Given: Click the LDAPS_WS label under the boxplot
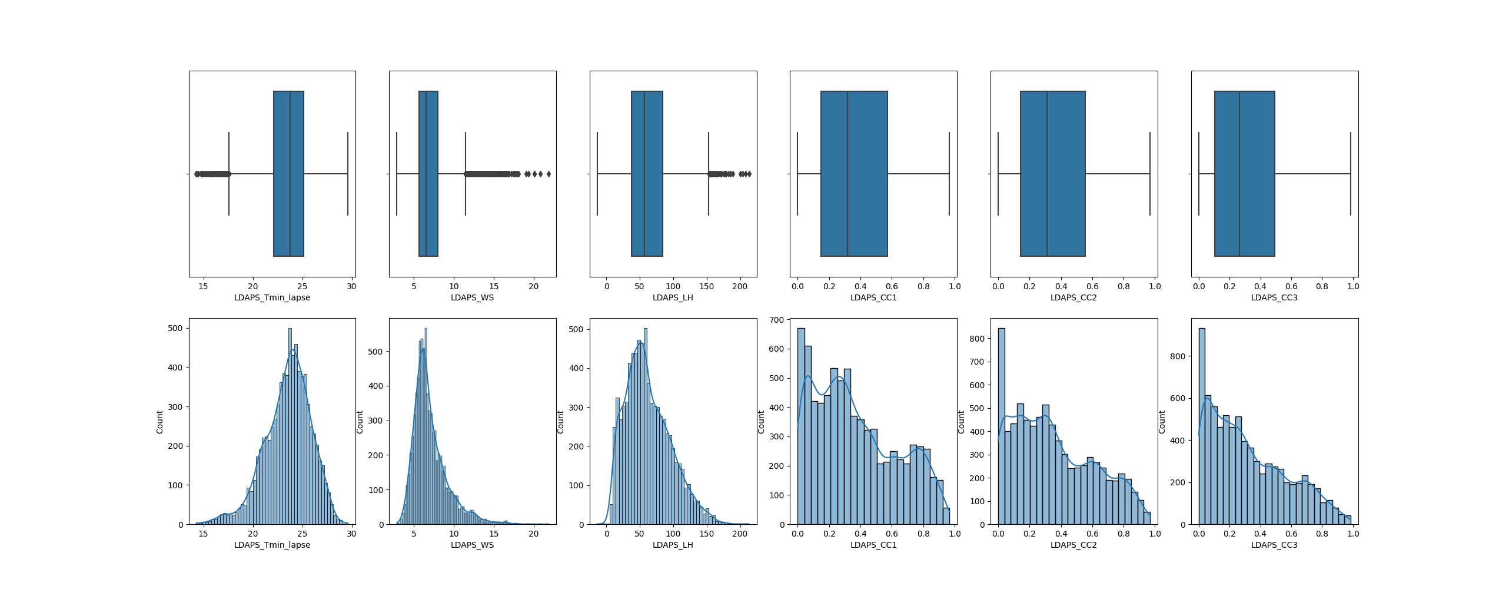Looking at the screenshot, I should click(472, 297).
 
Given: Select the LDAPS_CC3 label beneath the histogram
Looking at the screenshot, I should click(1274, 545).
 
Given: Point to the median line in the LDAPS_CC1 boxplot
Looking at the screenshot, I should click(847, 174).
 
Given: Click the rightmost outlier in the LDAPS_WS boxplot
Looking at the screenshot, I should click(549, 174).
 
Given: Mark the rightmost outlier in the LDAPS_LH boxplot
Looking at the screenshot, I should click(749, 174).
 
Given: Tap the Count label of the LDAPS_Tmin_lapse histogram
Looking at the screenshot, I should click(159, 422).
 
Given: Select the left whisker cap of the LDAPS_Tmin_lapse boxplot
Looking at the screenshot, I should click(229, 174).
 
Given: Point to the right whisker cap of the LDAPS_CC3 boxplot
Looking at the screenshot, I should click(1351, 174).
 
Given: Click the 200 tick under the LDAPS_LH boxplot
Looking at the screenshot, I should click(740, 286).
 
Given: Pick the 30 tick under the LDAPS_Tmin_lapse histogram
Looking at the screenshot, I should click(351, 534).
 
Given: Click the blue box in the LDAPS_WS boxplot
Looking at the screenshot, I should click(428, 174).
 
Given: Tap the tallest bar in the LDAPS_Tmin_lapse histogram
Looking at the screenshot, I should click(290, 426).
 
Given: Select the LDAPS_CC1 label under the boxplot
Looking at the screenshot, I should click(873, 297).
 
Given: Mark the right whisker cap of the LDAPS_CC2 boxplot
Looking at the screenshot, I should click(1150, 174).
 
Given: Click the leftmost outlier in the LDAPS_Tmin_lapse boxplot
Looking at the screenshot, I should click(197, 174).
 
